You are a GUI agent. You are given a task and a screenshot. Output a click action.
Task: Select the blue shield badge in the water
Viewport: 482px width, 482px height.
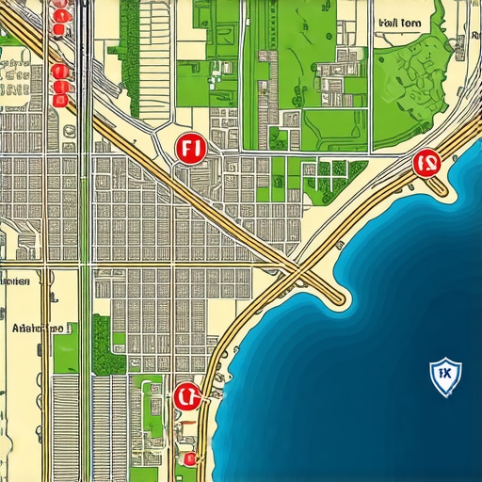click(x=442, y=374)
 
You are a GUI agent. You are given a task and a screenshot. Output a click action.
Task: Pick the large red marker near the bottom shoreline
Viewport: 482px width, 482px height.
click(x=185, y=396)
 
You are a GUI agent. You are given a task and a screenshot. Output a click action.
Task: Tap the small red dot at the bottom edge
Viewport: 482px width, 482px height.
click(x=190, y=458)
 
